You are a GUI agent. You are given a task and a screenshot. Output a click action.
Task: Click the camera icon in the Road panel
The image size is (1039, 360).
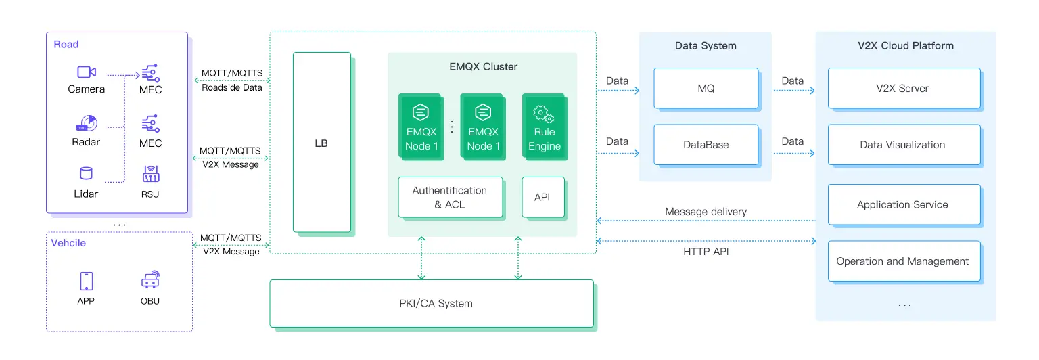[86, 72]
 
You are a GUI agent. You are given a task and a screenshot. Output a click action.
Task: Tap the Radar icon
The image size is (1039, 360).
[86, 124]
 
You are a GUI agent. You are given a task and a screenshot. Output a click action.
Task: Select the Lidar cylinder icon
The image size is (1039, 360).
[86, 173]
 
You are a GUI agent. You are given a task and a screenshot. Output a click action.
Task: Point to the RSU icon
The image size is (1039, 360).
[150, 174]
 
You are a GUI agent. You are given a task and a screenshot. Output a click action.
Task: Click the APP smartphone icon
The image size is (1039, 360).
[86, 281]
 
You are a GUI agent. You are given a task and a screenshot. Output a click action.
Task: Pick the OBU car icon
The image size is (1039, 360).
[150, 279]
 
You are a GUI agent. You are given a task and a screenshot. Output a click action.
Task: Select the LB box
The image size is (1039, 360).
[321, 142]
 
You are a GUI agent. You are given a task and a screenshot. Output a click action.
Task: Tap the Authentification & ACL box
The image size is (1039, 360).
[450, 197]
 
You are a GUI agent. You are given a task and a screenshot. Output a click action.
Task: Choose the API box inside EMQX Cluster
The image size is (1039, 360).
[542, 197]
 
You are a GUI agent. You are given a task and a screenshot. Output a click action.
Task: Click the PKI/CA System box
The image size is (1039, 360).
[431, 303]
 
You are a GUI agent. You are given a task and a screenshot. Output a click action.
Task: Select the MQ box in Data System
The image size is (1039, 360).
[706, 88]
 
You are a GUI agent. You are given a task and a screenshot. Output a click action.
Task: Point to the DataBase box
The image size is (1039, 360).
[706, 144]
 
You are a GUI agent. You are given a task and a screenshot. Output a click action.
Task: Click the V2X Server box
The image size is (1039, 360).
[903, 88]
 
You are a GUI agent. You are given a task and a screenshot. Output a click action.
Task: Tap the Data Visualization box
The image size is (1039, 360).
[903, 144]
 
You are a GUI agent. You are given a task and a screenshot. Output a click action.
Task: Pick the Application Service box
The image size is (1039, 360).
[903, 204]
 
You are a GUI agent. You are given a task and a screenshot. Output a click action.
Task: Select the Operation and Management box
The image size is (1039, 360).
[903, 261]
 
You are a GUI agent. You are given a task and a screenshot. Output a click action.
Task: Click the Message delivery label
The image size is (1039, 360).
[706, 212]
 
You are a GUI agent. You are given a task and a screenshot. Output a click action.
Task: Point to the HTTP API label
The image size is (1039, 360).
[706, 252]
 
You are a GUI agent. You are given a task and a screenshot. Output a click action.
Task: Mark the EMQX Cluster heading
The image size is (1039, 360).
[483, 66]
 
